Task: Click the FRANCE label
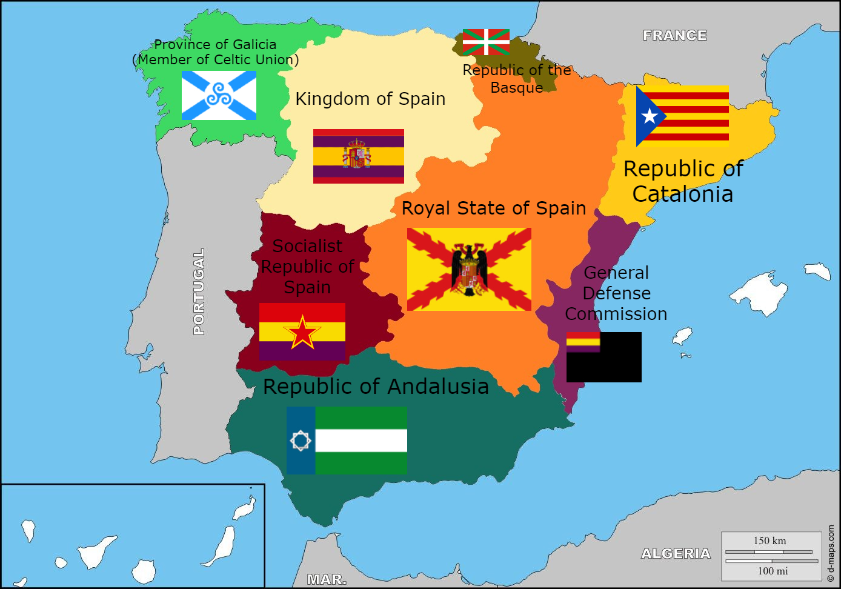tap(675, 36)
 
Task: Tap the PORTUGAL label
tap(199, 291)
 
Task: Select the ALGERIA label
tap(676, 553)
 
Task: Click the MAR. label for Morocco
tap(327, 579)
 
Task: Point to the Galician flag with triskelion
tap(219, 95)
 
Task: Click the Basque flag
tap(486, 42)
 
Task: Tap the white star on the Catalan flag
tap(650, 116)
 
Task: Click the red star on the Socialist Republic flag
tap(302, 333)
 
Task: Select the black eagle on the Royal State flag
tap(469, 270)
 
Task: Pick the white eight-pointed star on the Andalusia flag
tap(301, 441)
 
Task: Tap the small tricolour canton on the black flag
tap(583, 342)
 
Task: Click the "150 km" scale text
tap(770, 541)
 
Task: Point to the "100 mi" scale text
tap(773, 571)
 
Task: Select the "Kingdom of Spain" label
tap(370, 99)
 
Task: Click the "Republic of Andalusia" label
tap(376, 387)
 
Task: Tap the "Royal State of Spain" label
tap(494, 208)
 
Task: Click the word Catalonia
tap(683, 194)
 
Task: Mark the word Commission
tap(616, 314)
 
